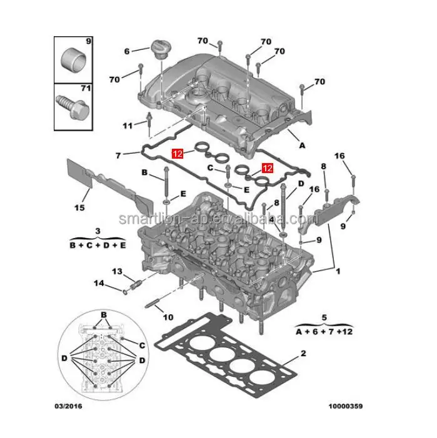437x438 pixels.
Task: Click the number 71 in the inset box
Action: [86, 89]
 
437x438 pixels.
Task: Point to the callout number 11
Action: [128, 126]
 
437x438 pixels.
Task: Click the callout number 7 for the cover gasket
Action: [118, 154]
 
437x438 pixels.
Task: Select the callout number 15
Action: [79, 207]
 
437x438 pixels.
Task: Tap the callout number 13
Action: [117, 271]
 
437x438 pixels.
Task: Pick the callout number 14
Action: [99, 284]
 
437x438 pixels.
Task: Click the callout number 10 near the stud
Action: [168, 317]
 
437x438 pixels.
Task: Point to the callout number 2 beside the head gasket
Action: [303, 354]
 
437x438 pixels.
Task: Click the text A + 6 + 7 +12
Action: [324, 331]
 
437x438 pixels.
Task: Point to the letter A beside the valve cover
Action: [302, 146]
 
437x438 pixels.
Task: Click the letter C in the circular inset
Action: [142, 344]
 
